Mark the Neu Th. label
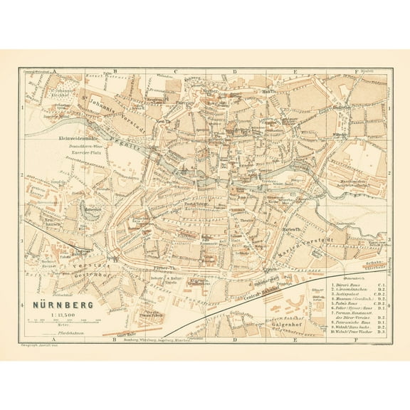tap(162, 121)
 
